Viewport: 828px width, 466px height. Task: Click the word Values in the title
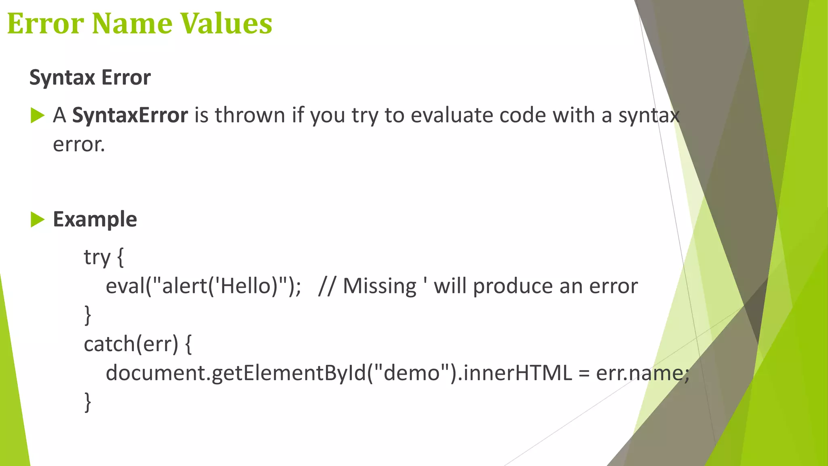click(x=226, y=23)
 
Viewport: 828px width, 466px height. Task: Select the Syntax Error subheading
click(x=90, y=78)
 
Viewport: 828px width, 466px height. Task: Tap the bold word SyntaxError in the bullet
click(x=130, y=116)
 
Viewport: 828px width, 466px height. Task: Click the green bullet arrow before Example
click(x=37, y=220)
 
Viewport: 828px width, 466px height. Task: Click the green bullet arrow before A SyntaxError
click(x=37, y=116)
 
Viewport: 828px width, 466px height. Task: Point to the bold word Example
click(x=95, y=220)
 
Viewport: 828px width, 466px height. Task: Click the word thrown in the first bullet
click(x=249, y=116)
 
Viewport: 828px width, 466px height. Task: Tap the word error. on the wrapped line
click(x=79, y=145)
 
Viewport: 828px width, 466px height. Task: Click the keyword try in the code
click(x=97, y=257)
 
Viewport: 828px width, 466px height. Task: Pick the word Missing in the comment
click(x=379, y=286)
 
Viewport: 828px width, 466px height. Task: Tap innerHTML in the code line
click(x=517, y=373)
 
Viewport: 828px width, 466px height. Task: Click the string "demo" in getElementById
click(x=412, y=373)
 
